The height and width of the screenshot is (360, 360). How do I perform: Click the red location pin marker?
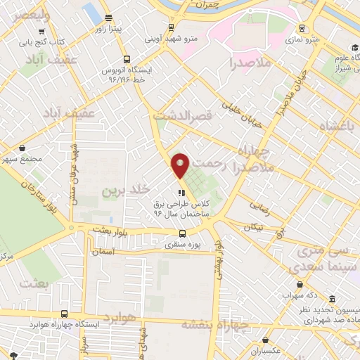point(181,165)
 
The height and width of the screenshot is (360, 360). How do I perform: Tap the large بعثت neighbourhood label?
point(37,283)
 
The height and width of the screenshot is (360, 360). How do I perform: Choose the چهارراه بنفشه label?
point(215,324)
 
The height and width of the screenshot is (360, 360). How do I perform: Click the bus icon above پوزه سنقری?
point(182,234)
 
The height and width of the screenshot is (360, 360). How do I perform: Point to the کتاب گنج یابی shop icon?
point(44,32)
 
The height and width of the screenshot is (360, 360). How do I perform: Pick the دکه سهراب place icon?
point(301,285)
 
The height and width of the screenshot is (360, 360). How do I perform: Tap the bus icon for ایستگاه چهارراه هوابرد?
point(64,314)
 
